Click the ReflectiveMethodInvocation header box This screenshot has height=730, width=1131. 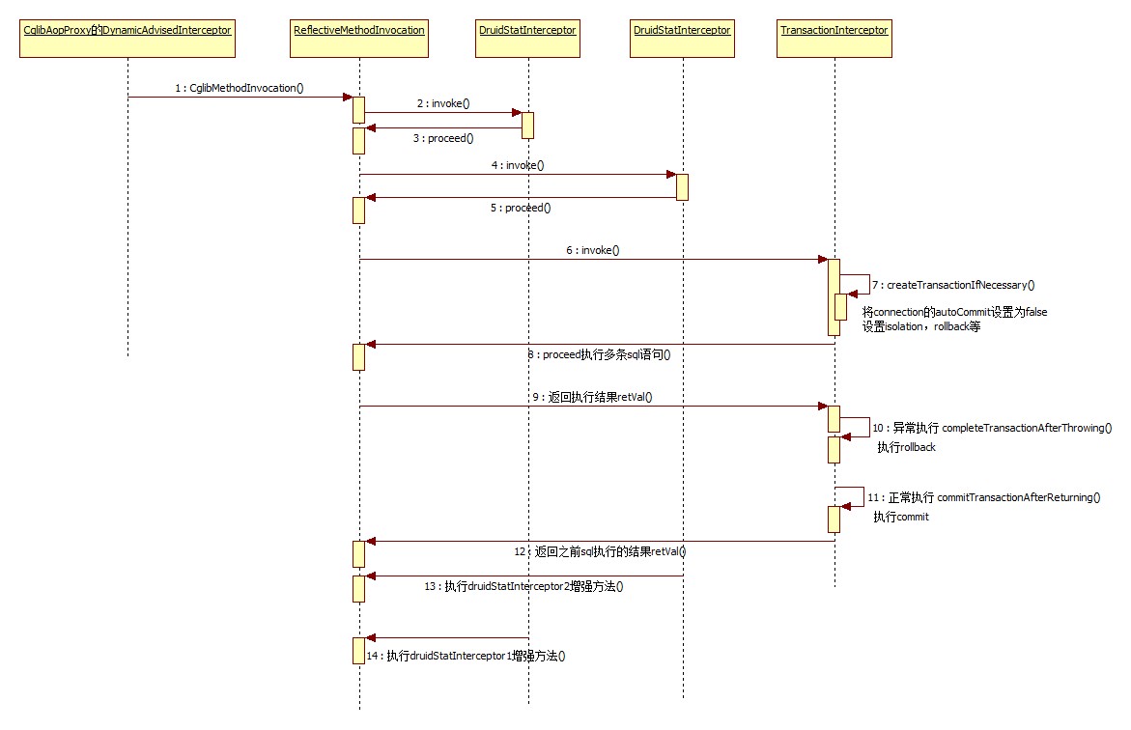click(x=358, y=31)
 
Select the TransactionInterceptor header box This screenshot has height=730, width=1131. click(x=834, y=31)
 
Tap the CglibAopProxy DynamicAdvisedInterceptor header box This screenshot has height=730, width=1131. click(x=127, y=31)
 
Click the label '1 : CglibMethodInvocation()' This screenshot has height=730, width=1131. click(x=240, y=88)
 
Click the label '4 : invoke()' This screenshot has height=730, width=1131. click(x=517, y=165)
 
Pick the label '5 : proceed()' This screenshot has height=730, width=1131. click(x=521, y=208)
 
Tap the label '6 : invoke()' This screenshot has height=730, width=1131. click(x=592, y=250)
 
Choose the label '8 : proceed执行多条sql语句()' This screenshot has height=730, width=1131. click(x=599, y=354)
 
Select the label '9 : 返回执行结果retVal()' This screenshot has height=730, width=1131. click(x=594, y=397)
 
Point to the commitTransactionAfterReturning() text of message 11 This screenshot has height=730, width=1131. click(x=1019, y=497)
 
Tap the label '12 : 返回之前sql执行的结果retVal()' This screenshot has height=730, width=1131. click(x=600, y=551)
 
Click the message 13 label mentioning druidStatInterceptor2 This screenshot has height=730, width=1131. click(x=523, y=586)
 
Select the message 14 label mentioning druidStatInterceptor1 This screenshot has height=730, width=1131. click(x=466, y=656)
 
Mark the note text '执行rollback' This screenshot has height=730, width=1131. click(x=906, y=447)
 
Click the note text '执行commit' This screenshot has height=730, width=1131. click(x=901, y=517)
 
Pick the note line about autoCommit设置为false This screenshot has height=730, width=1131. click(x=954, y=312)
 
